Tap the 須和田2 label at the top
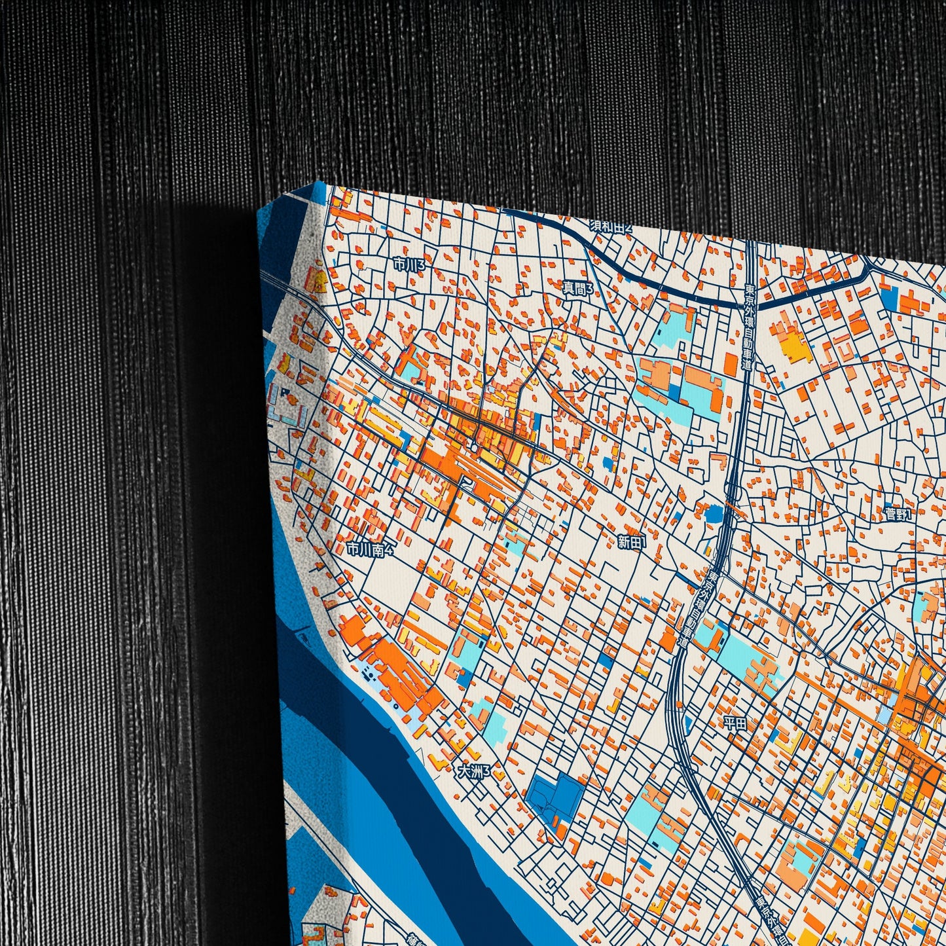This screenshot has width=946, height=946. coord(611,227)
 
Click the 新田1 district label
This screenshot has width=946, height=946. coord(632,541)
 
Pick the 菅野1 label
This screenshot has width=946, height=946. coord(898,514)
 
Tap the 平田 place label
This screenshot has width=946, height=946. coord(735,723)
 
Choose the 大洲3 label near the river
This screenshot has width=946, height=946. coord(473,772)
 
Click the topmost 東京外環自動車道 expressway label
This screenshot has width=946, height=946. coord(748,327)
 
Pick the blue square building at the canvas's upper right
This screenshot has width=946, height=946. coord(889,297)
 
